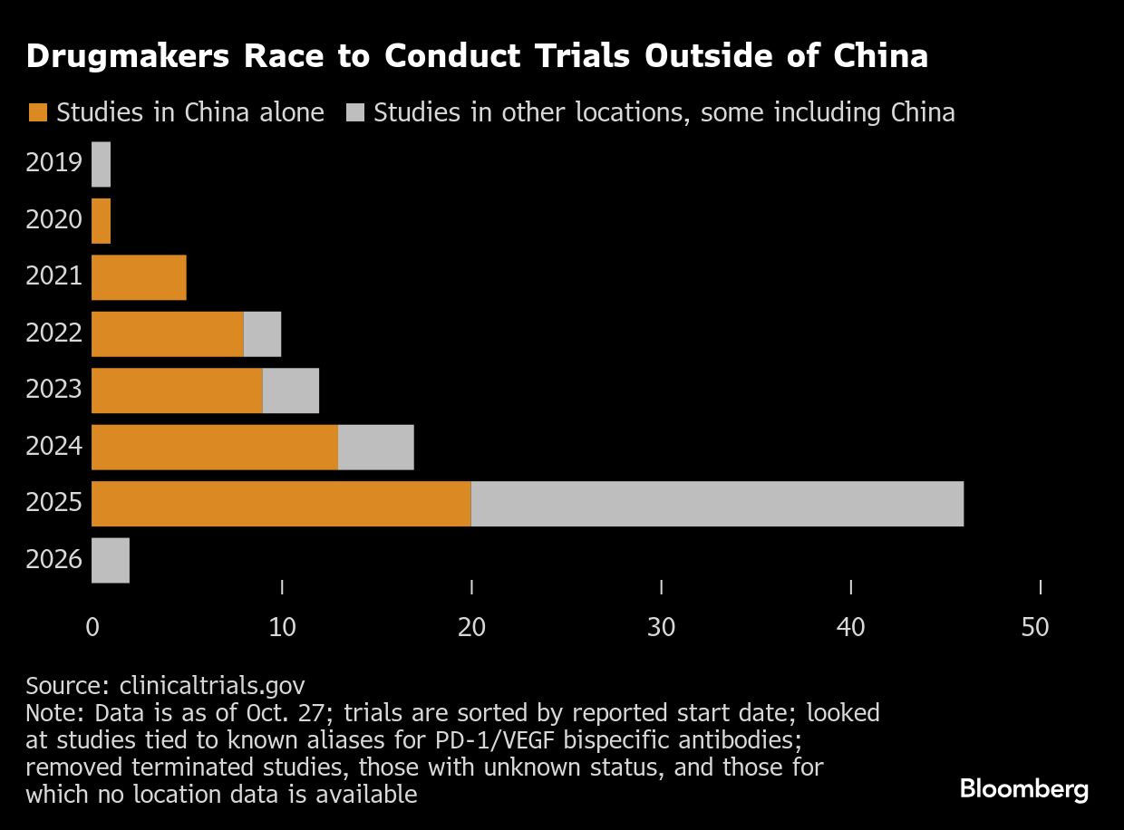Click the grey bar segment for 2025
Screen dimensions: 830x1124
(717, 504)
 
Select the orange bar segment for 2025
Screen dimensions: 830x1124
(281, 504)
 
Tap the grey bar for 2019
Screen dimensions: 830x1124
(101, 164)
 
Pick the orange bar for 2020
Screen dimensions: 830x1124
(101, 221)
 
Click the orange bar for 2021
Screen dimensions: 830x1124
(139, 277)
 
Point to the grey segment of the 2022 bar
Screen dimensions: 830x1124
(262, 334)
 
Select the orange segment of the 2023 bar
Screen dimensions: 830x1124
(177, 391)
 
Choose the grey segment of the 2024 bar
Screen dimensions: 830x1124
(375, 448)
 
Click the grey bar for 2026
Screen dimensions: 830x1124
(111, 561)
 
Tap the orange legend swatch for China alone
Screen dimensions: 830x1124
(37, 113)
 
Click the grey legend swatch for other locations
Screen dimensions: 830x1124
(355, 113)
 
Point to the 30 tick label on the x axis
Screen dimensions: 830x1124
(661, 627)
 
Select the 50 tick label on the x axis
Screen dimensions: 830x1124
(1034, 627)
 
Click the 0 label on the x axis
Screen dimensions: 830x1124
(92, 627)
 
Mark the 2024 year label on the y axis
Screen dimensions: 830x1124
(54, 447)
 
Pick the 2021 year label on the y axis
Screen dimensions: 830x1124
(54, 276)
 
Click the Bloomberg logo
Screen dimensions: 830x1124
(1023, 789)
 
